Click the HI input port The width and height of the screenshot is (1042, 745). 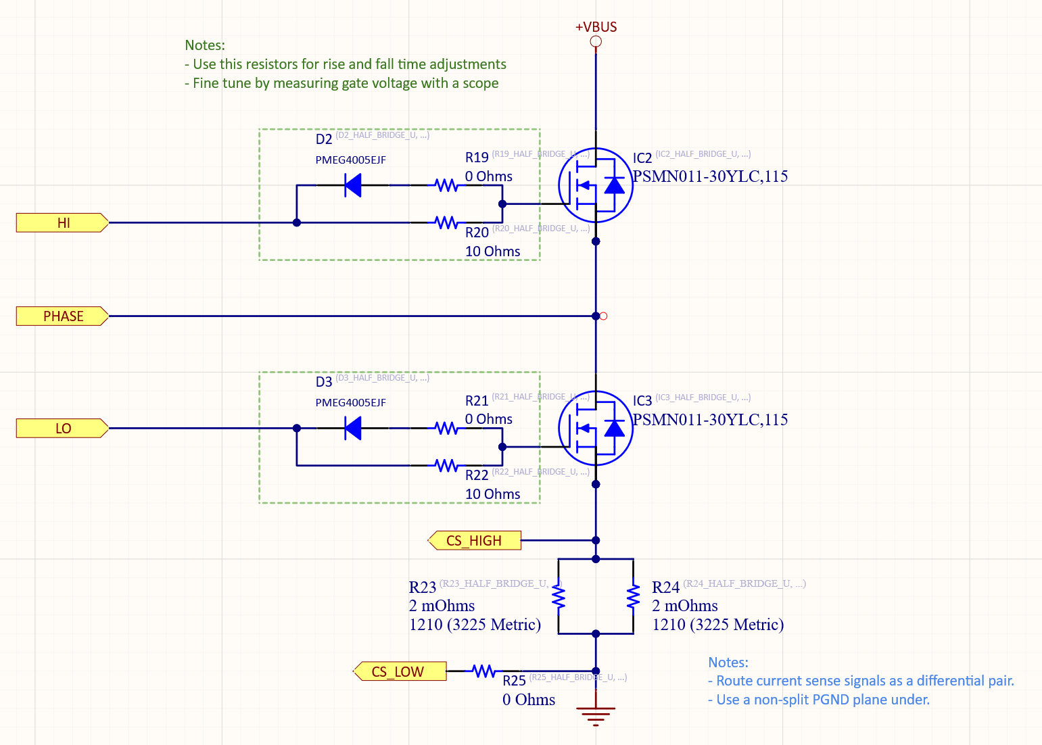point(62,222)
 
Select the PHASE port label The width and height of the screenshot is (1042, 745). point(62,316)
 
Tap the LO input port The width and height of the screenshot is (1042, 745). point(62,429)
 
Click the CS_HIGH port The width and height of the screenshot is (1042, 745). point(475,541)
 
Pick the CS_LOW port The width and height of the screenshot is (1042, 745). point(400,671)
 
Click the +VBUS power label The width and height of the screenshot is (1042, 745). point(596,27)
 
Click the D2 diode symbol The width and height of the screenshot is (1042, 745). point(353,185)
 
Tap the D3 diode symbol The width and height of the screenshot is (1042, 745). point(353,428)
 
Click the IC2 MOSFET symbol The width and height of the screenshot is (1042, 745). point(595,185)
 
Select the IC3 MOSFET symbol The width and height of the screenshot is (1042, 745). point(595,428)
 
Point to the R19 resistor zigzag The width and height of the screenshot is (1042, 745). point(446,185)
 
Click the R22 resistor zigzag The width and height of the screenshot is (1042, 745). point(446,465)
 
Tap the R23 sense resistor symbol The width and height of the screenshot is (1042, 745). point(558,596)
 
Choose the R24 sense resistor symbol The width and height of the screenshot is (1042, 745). point(634,596)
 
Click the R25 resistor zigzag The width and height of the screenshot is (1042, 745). point(484,671)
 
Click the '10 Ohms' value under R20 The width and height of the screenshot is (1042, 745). point(492,251)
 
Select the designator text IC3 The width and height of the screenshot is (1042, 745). point(642,401)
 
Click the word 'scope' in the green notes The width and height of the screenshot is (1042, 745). point(480,83)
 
